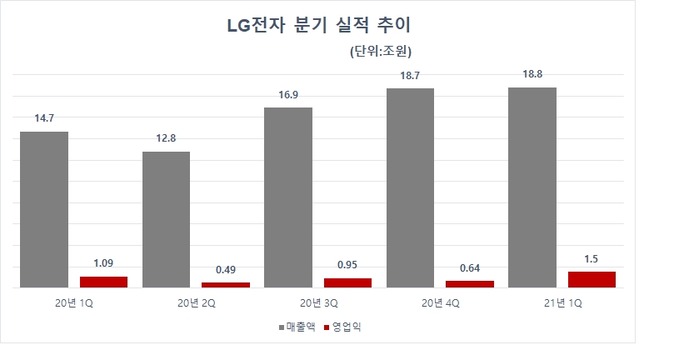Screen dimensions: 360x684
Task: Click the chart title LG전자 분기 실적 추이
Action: click(319, 25)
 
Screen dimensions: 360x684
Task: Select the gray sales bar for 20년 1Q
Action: click(44, 209)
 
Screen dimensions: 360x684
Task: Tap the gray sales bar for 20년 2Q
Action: click(166, 219)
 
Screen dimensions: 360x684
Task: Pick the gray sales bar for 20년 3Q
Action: click(287, 197)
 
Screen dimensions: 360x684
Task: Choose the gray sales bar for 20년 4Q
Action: click(410, 187)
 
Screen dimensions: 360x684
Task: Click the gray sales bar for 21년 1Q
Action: click(532, 187)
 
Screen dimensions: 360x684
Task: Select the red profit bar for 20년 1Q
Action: click(103, 282)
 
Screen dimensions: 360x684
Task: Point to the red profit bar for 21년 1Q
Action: click(592, 279)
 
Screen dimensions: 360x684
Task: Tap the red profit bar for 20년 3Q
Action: click(347, 282)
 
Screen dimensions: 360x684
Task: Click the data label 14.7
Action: click(45, 118)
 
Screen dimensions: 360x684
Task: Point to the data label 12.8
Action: click(166, 138)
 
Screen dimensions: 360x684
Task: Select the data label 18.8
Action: click(532, 73)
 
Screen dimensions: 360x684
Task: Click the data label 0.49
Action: click(226, 270)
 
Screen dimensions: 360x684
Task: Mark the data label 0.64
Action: click(470, 267)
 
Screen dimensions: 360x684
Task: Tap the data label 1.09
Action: click(104, 263)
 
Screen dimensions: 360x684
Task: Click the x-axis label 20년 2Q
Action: click(197, 303)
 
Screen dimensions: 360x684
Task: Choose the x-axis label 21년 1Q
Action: click(562, 303)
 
